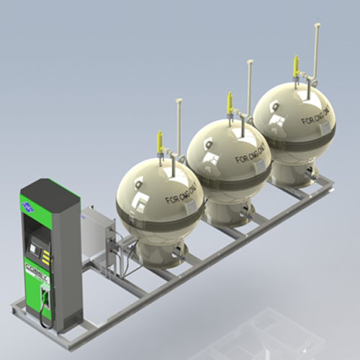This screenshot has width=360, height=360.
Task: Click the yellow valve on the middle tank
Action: coord(230,102)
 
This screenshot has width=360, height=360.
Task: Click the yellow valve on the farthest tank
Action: coord(295,66)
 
